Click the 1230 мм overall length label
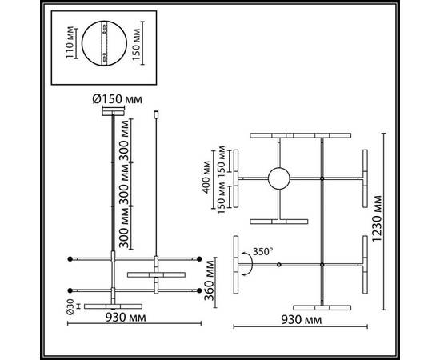[x=389, y=220]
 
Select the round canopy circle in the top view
[x=279, y=178]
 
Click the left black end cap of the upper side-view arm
[x=71, y=258]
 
